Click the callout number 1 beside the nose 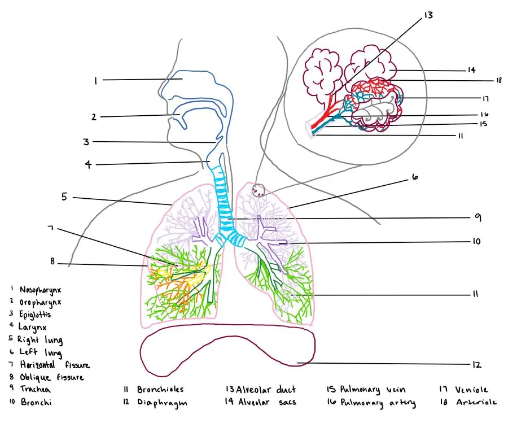pyautogui.click(x=96, y=81)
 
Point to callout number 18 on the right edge pyautogui.click(x=498, y=81)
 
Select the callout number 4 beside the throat pyautogui.click(x=89, y=165)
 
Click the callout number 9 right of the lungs pyautogui.click(x=477, y=217)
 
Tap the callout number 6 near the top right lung pyautogui.click(x=415, y=177)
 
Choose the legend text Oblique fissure pyautogui.click(x=54, y=377)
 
